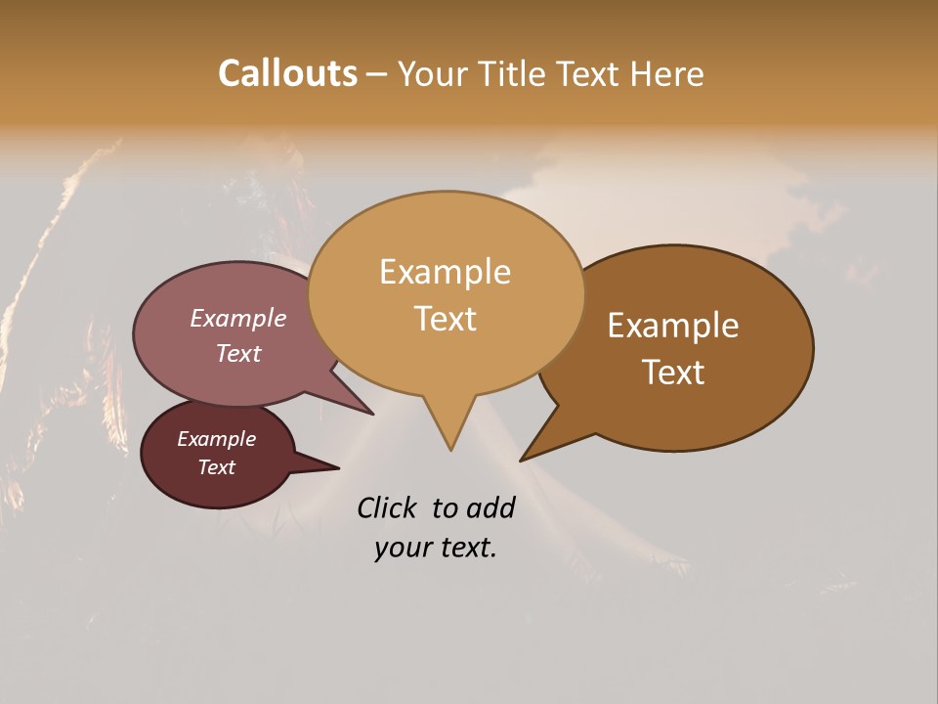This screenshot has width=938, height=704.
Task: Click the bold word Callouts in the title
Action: pos(287,73)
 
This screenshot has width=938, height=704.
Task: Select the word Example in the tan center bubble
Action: pos(445,272)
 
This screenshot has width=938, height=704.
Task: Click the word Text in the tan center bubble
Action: pos(445,319)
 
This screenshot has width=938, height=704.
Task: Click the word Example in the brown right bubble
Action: pos(673,326)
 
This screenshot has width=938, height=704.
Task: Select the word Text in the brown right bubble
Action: pos(673,373)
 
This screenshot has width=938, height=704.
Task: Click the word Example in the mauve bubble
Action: pos(237,319)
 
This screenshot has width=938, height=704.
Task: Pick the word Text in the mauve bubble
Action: pos(237,354)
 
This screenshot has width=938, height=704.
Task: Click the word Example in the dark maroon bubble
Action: pos(216,439)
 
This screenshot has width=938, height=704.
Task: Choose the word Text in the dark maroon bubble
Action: pos(216,467)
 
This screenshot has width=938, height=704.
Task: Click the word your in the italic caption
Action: pos(401,548)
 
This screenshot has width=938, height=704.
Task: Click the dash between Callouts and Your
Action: pos(378,74)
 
